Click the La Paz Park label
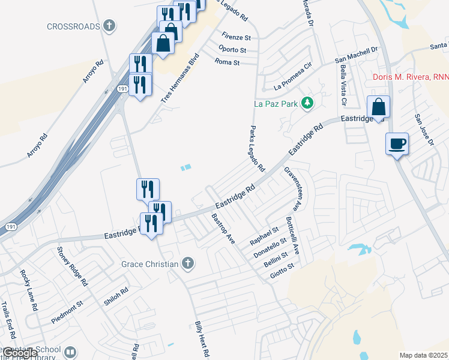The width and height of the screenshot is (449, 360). click(x=276, y=104)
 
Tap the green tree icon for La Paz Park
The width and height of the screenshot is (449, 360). click(x=307, y=103)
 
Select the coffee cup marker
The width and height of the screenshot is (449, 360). click(x=397, y=144)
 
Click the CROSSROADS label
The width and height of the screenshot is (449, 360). click(x=73, y=26)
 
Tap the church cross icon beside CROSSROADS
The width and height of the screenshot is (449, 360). click(x=108, y=26)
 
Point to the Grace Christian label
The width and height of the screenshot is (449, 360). click(x=149, y=264)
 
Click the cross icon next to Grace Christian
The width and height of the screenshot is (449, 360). click(x=187, y=263)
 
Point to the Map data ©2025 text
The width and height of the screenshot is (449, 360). click(x=423, y=355)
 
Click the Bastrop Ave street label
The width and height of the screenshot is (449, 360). click(x=223, y=228)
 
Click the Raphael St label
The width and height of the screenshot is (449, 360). click(x=264, y=236)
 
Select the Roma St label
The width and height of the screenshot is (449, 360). click(x=227, y=62)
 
